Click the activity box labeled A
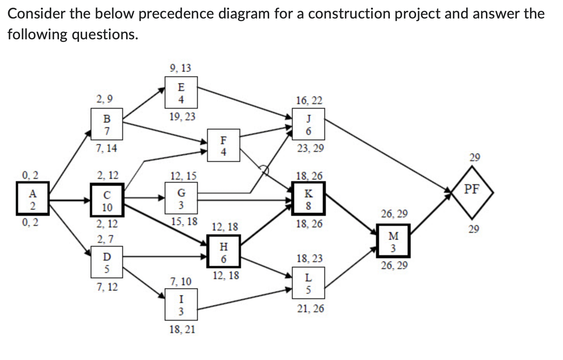33,199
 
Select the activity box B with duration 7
107,124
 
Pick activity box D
107,262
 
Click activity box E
181,93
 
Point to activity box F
223,145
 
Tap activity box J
308,124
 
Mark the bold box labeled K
308,199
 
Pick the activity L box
308,283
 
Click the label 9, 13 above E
180,68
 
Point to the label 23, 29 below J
310,148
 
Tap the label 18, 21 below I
182,329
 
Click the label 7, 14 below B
106,148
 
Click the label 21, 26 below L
310,308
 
